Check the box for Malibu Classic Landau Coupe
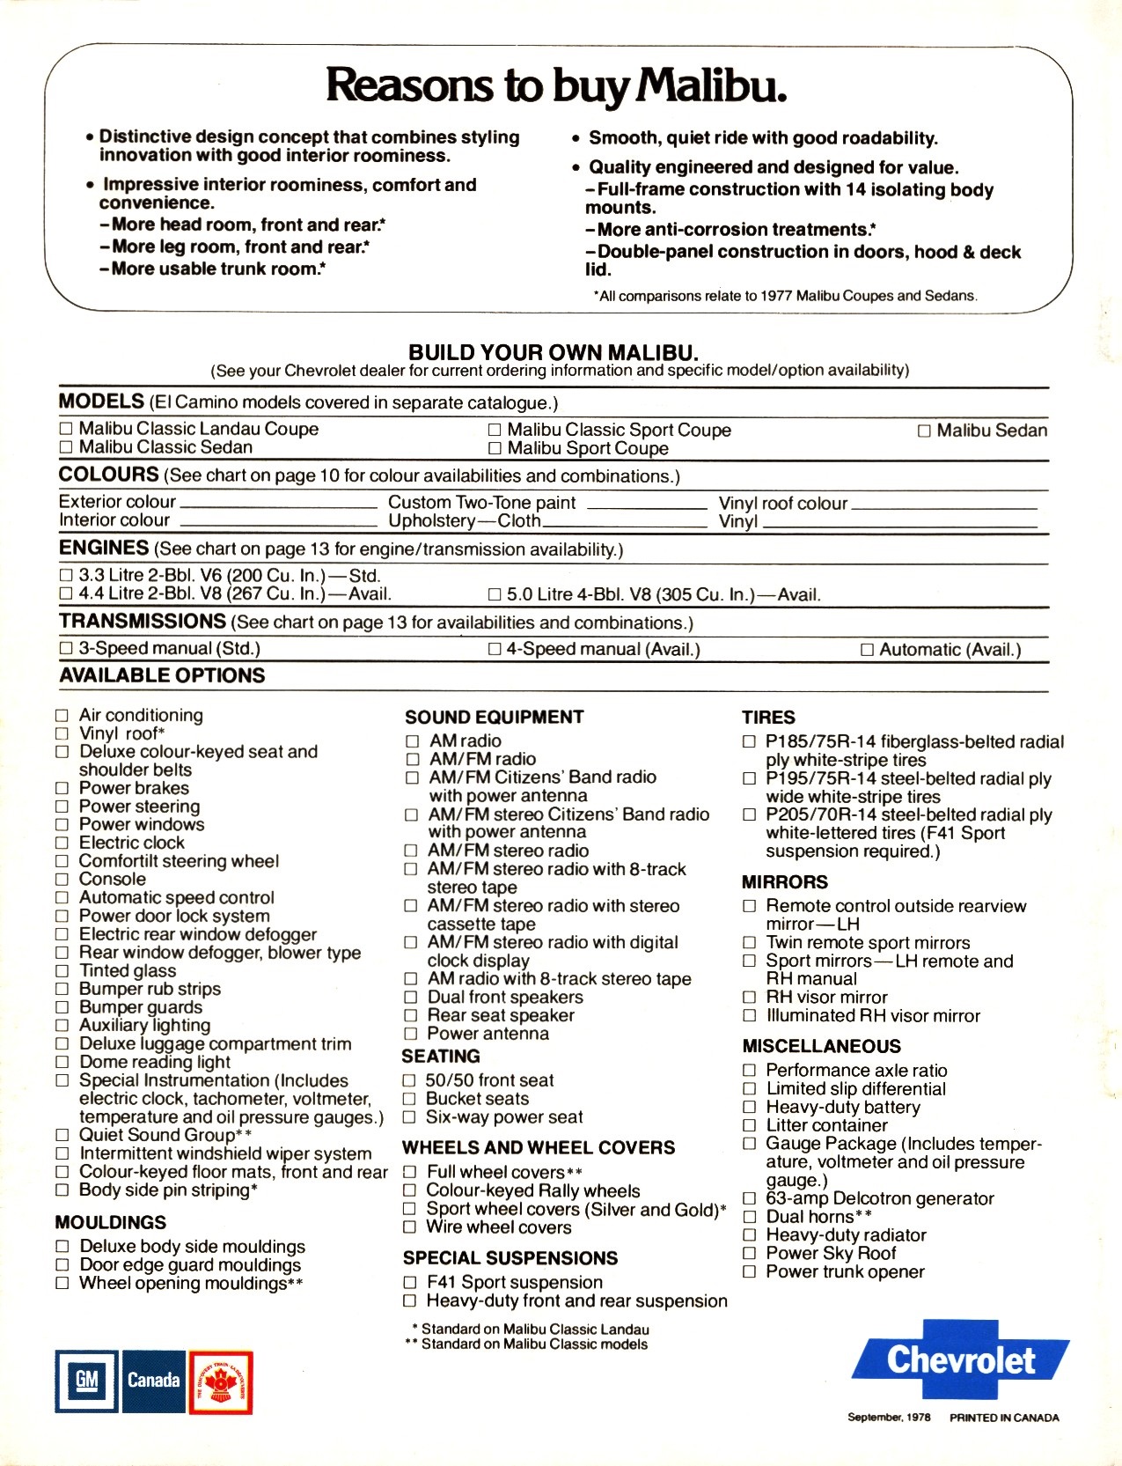(65, 430)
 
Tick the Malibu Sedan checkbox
(924, 431)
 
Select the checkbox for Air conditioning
(62, 716)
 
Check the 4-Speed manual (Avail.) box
(495, 650)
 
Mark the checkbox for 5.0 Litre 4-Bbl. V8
(495, 595)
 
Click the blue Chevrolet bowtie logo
(961, 1360)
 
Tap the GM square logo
(86, 1380)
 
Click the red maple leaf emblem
(221, 1381)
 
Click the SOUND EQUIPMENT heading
(494, 718)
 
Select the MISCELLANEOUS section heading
(821, 1047)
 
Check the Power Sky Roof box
(749, 1254)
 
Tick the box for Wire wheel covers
(409, 1228)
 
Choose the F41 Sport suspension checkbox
(409, 1283)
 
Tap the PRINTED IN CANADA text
(1004, 1418)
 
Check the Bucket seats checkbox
(409, 1099)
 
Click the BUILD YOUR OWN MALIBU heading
(553, 353)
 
